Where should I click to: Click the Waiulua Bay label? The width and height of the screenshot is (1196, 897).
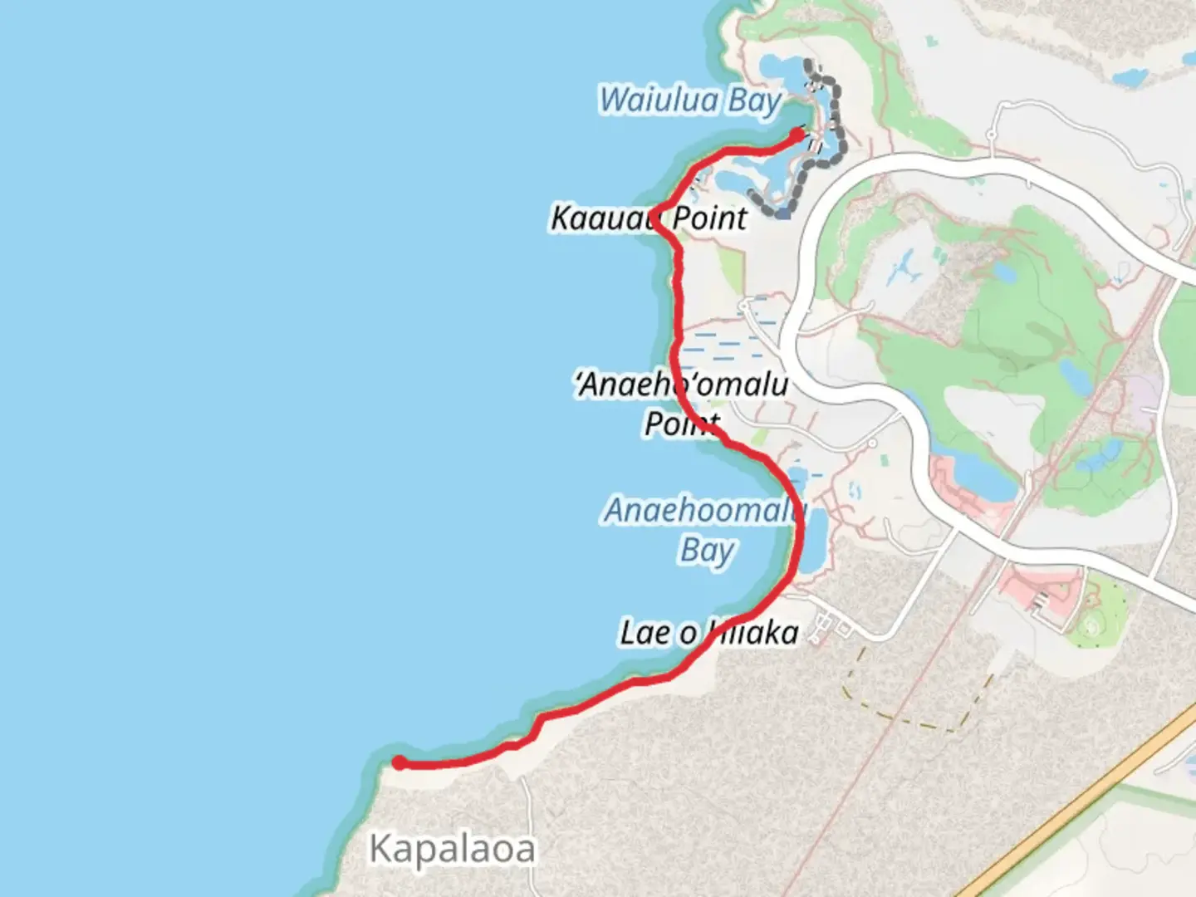690,100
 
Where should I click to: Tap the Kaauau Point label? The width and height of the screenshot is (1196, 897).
649,218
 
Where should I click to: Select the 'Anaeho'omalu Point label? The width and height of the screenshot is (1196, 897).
681,385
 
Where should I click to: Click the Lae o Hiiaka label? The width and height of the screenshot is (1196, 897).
708,633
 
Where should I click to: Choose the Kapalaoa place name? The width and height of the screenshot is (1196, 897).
452,849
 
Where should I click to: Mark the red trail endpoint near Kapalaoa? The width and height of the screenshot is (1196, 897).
399,762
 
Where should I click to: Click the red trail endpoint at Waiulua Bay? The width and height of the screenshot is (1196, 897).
797,135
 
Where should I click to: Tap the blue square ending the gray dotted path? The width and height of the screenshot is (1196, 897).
783,213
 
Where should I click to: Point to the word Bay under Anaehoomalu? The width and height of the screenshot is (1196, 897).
708,551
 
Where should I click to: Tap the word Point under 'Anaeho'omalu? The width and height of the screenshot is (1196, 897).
681,424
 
